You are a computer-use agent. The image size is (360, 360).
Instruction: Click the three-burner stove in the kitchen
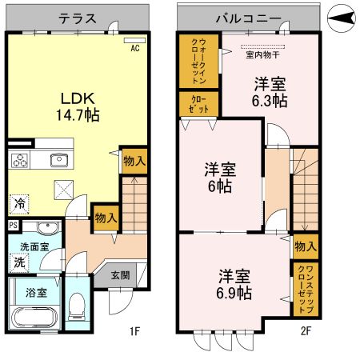tap(20, 161)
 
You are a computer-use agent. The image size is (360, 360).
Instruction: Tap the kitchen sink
tap(59, 161)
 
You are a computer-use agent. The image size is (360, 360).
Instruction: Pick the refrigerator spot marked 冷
tap(18, 205)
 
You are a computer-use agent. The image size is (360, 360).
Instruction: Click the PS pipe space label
tap(14, 226)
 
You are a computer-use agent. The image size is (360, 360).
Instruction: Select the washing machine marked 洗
tap(18, 261)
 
